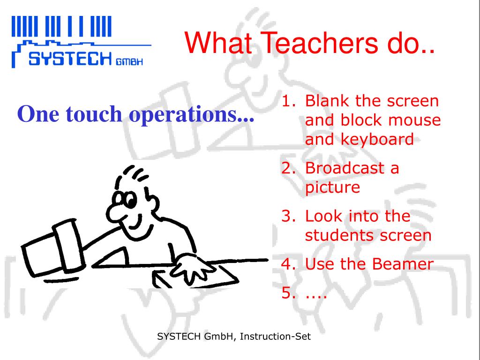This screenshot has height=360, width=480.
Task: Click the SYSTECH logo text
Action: click(70, 59)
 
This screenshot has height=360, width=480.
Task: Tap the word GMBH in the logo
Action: click(129, 61)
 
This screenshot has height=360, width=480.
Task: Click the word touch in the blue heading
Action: click(94, 114)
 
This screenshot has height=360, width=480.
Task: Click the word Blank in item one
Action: click(327, 101)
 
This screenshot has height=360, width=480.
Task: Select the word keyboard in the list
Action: click(377, 139)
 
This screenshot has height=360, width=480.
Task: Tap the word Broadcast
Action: click(345, 168)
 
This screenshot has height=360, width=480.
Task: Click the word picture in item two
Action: click(332, 187)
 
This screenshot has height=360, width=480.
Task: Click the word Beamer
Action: click(403, 264)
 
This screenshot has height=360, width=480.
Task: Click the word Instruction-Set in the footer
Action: click(275, 337)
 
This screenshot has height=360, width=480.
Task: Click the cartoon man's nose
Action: click(115, 212)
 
